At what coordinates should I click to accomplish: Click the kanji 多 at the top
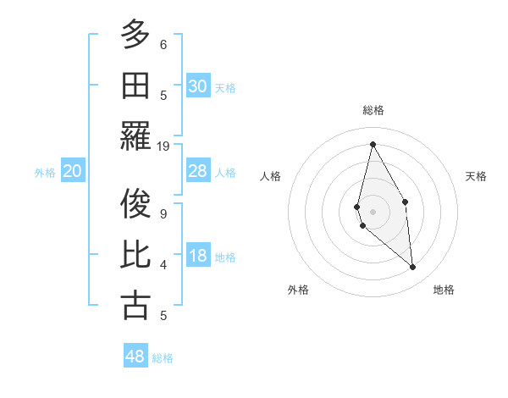135,36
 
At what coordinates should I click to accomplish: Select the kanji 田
135,86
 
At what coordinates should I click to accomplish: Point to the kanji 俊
135,206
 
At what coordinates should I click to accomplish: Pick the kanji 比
135,256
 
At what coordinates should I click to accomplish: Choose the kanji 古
135,305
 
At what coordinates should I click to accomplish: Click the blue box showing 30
197,86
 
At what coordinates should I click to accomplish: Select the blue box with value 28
197,172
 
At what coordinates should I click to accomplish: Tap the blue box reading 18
197,257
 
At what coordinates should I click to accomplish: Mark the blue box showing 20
73,172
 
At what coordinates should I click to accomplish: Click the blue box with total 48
135,357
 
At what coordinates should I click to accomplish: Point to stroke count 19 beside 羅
163,146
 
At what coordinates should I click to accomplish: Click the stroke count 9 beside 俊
163,214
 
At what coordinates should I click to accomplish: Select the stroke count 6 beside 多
163,45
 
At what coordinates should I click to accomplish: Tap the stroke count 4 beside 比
163,265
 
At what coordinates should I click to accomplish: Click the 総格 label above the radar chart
373,110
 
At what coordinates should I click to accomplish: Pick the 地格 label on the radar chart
444,290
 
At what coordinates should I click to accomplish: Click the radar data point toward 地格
413,268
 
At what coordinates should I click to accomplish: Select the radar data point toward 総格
373,143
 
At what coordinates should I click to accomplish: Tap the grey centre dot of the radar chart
373,211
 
